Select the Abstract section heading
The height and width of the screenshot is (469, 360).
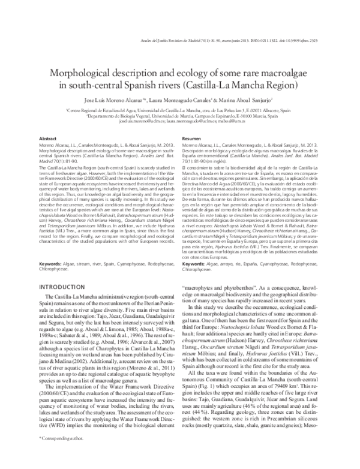(x=47, y=137)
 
